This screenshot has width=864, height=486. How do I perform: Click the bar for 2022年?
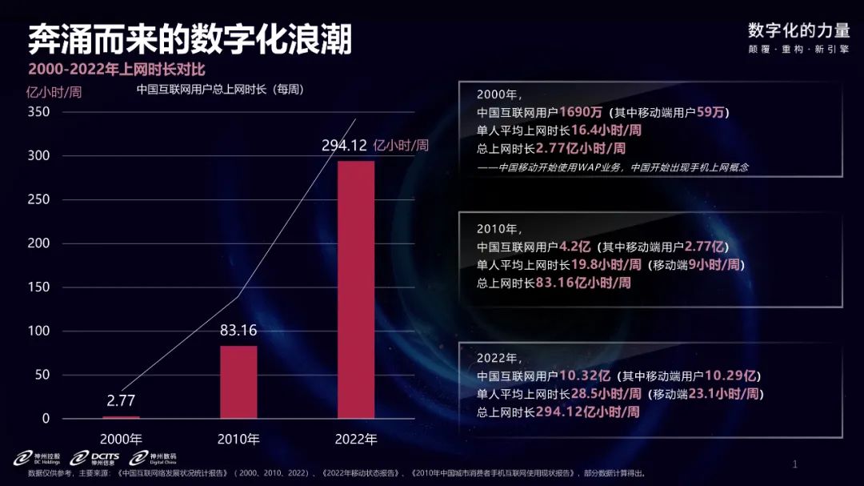(356, 289)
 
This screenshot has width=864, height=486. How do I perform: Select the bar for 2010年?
(238, 382)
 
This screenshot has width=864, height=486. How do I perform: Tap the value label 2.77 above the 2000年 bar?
(121, 400)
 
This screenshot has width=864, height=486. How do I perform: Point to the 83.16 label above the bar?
(238, 330)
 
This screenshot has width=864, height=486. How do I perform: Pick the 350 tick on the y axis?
(38, 112)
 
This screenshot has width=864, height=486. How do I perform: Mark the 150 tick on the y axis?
(38, 287)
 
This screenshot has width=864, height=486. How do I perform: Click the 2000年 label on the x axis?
(121, 440)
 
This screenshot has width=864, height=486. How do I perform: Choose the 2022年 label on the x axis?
(356, 440)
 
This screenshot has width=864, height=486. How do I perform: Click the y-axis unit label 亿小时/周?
(54, 91)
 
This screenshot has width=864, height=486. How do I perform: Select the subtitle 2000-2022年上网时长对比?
(117, 69)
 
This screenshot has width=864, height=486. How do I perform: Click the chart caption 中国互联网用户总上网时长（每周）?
(220, 89)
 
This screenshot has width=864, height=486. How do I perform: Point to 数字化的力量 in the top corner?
(798, 30)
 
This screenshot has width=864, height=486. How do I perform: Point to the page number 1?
(794, 464)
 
